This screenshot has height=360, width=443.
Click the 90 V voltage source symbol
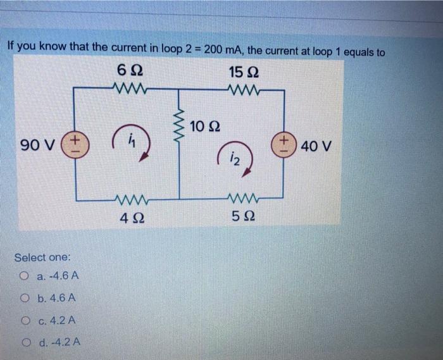tap(77, 144)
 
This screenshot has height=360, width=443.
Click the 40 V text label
tap(316, 147)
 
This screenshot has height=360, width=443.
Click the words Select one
tap(43, 258)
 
